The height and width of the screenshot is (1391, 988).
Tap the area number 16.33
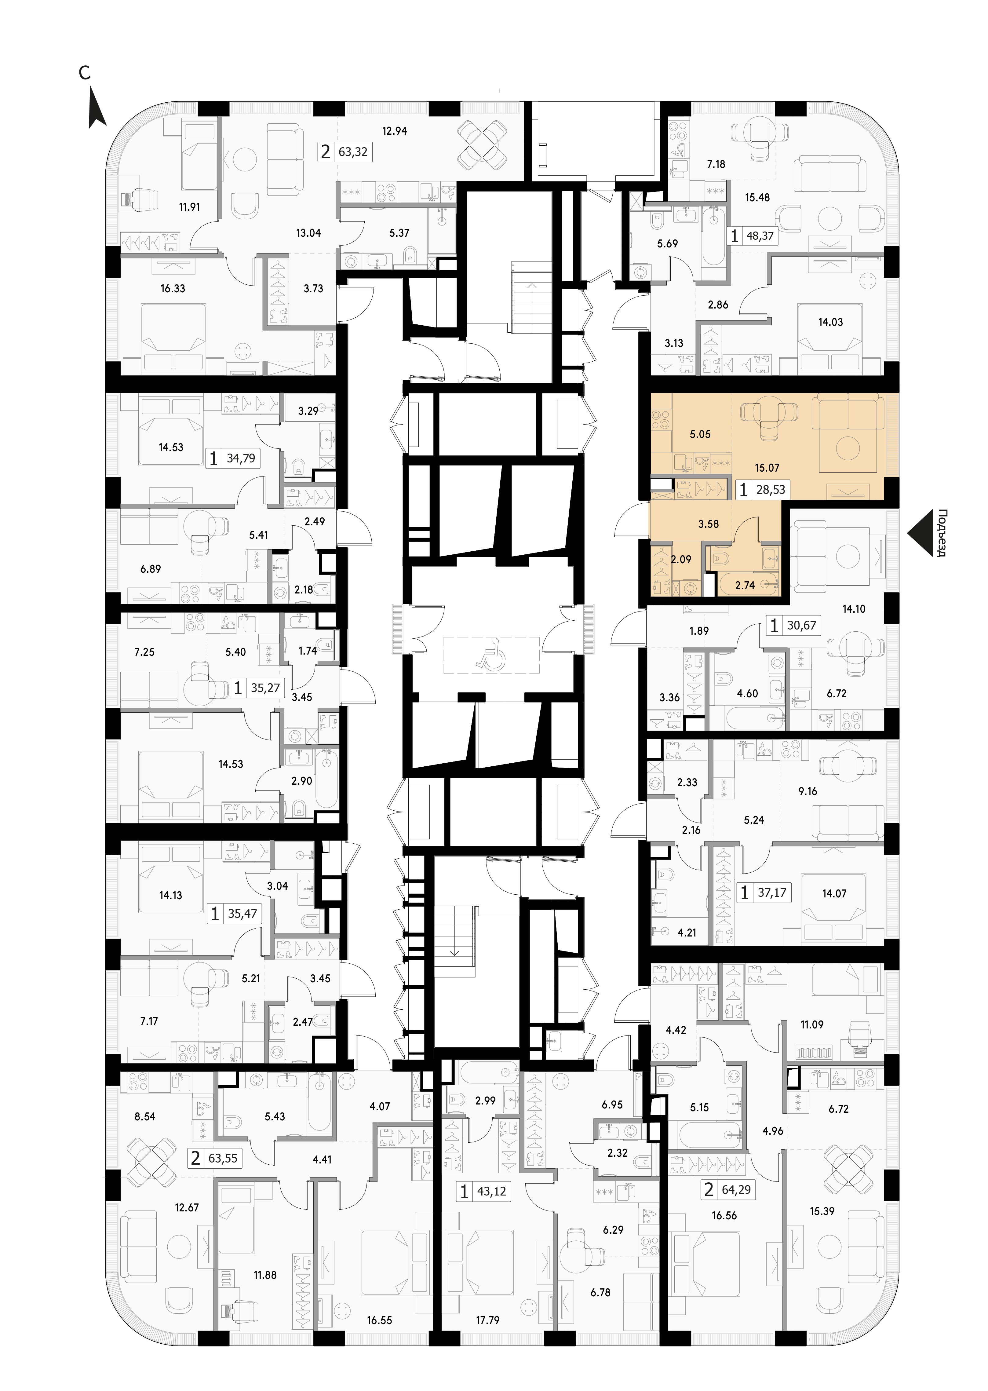173,288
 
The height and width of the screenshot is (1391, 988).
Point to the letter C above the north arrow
85,73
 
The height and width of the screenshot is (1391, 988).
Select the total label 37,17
772,893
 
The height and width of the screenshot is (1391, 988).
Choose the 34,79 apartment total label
241,458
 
